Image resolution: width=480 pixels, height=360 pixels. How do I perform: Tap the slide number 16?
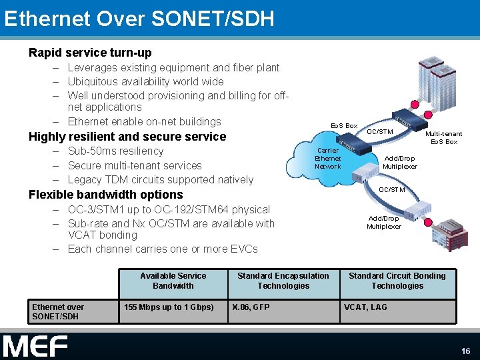point(465,351)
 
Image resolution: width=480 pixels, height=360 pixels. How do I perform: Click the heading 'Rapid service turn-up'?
point(90,53)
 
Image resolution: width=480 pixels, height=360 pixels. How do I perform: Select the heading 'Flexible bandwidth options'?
point(105,195)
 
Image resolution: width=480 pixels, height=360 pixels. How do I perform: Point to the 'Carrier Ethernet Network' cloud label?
point(327,159)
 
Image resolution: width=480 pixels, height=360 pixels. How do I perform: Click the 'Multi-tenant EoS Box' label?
point(444,138)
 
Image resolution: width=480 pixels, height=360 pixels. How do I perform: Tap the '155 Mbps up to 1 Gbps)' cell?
point(169,307)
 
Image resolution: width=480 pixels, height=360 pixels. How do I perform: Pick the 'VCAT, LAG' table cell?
point(365,307)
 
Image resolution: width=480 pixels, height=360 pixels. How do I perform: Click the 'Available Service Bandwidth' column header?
point(173,281)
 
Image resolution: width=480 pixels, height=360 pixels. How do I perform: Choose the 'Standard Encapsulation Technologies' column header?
point(283,281)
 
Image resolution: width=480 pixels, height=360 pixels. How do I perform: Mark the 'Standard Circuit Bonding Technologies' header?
point(397,281)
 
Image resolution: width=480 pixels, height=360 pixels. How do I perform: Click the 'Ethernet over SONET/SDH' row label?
point(58,311)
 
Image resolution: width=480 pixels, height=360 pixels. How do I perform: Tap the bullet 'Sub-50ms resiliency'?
point(115,151)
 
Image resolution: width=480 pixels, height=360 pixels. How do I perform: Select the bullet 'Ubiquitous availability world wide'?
point(145,81)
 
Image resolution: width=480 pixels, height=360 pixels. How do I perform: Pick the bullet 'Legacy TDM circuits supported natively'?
point(160,179)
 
